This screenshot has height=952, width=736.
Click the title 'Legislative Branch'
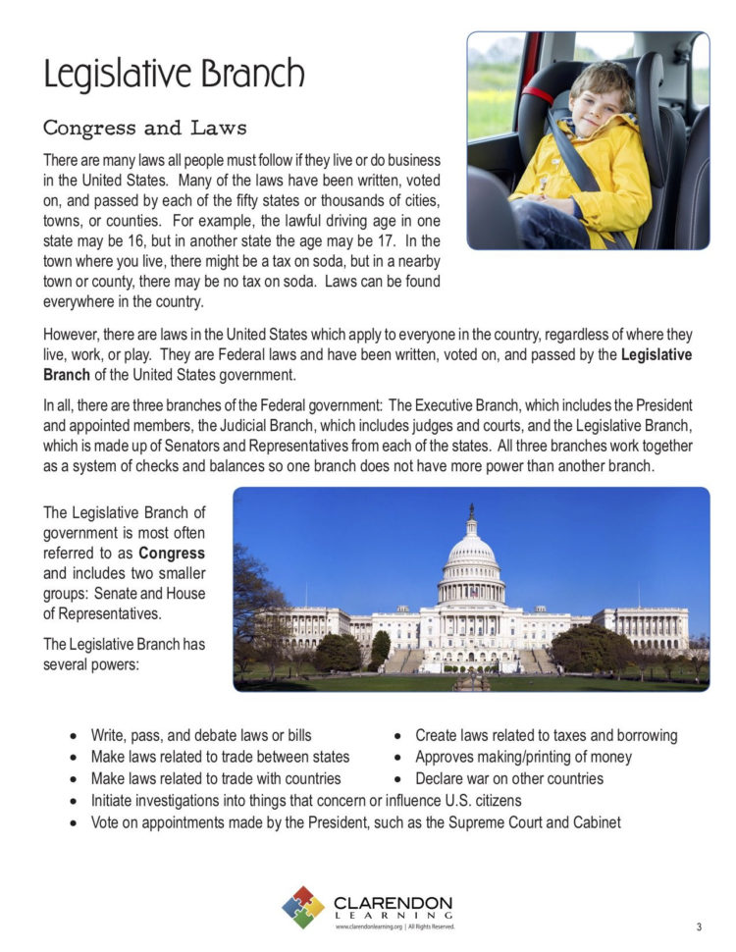click(x=174, y=75)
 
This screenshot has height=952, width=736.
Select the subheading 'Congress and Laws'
click(x=144, y=129)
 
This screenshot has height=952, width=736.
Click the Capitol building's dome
click(x=471, y=556)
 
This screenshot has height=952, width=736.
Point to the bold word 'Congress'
click(x=172, y=553)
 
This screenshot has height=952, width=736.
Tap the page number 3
click(x=699, y=926)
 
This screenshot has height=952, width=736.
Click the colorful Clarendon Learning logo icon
click(x=302, y=908)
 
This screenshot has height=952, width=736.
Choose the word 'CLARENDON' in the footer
click(x=393, y=901)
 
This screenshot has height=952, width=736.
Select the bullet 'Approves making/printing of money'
click(x=523, y=757)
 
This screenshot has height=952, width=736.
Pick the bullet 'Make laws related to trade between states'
click(x=220, y=757)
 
